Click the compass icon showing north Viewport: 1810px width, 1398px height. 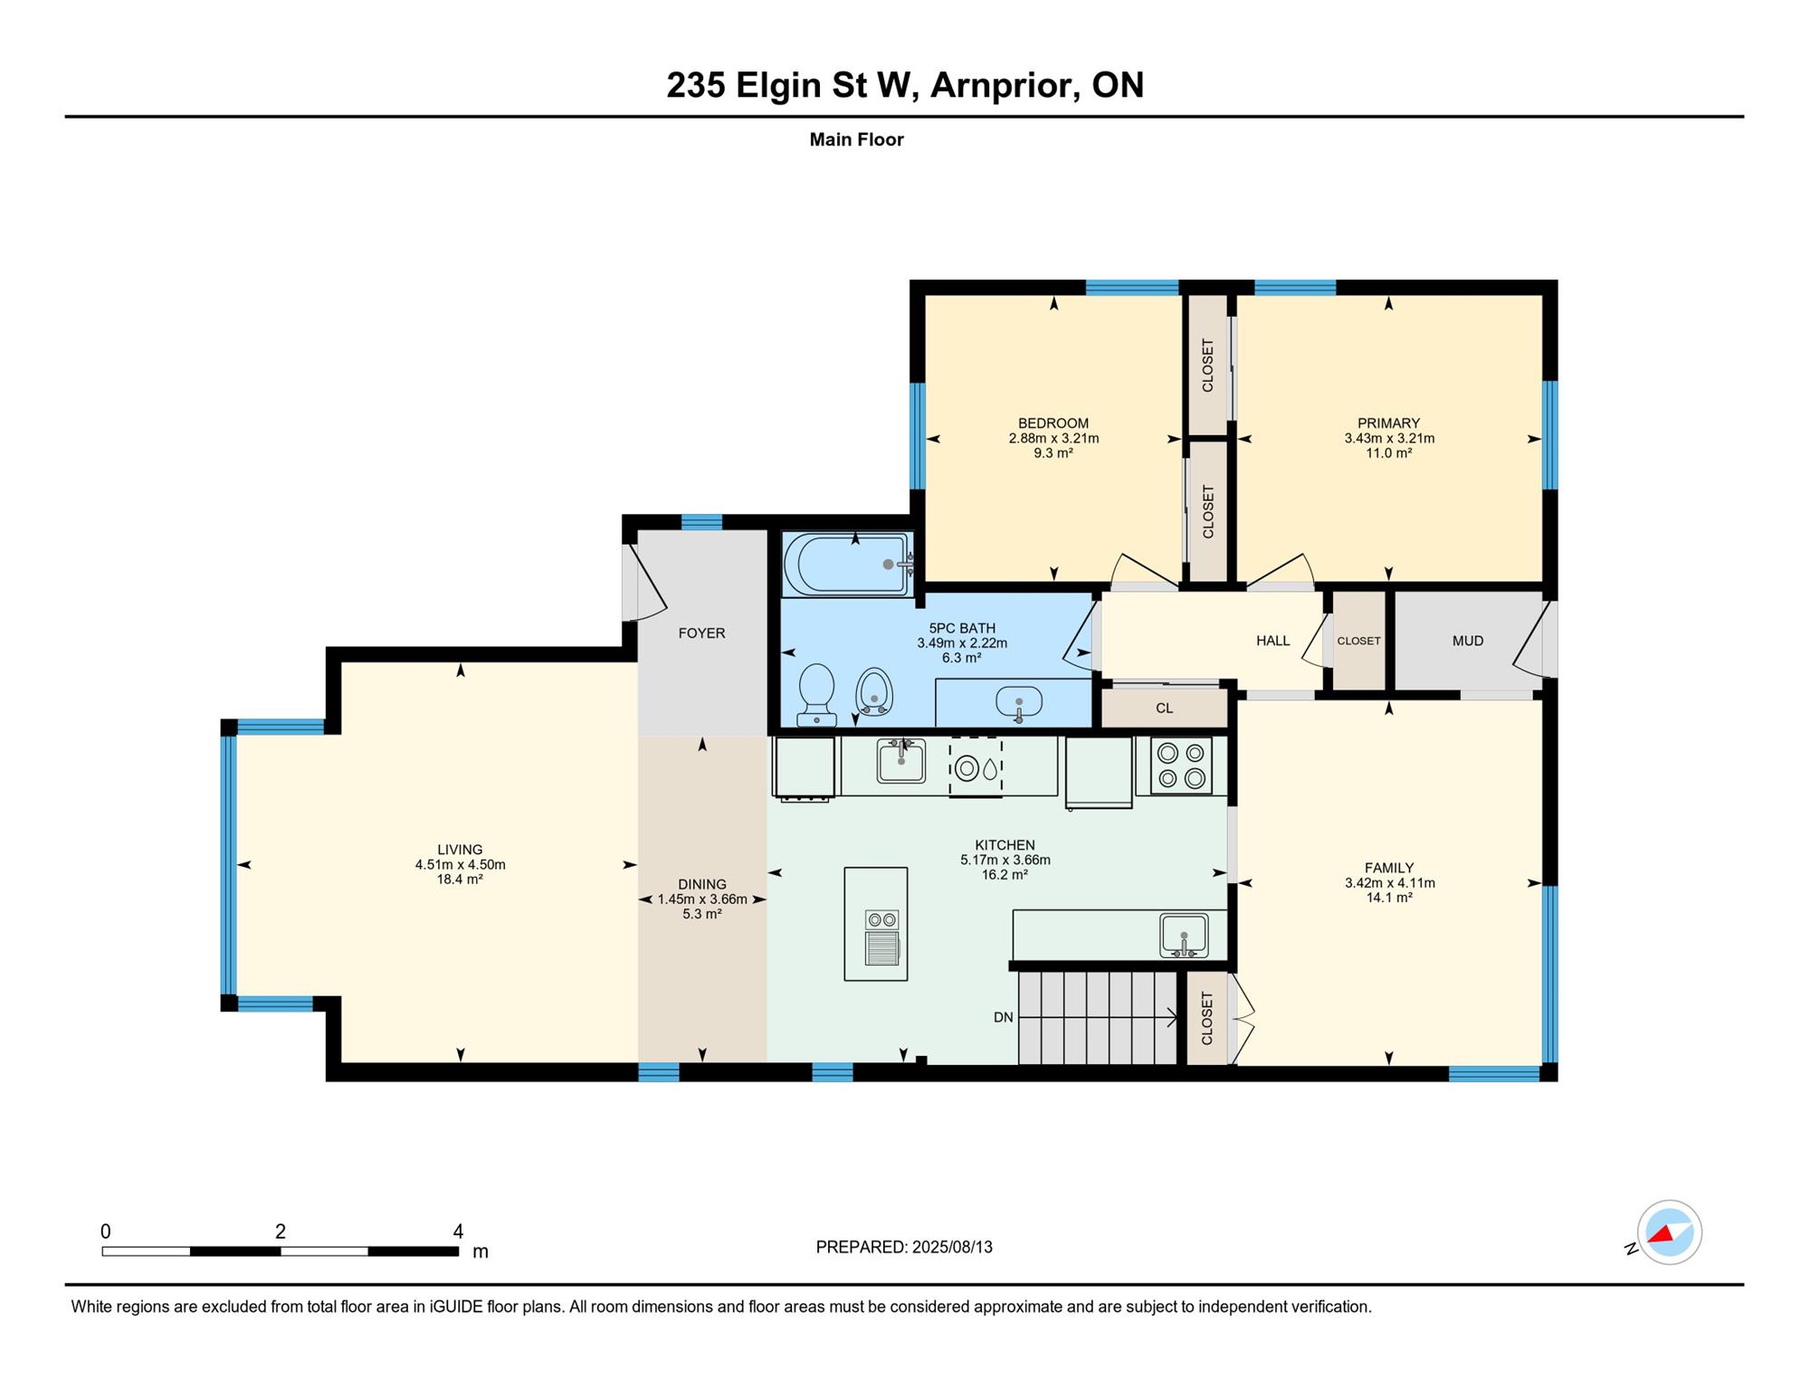(x=1669, y=1232)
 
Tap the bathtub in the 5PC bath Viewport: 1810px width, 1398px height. (x=847, y=564)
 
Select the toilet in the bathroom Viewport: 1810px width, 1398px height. (x=816, y=694)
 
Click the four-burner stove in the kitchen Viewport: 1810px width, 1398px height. (x=1181, y=766)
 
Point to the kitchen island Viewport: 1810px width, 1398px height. (x=876, y=924)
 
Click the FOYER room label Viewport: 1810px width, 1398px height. (x=701, y=633)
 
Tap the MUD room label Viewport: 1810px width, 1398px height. (x=1468, y=641)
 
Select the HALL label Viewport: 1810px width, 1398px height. (x=1272, y=641)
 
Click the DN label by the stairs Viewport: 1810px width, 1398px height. (x=1003, y=1017)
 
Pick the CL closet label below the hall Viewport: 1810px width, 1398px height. (x=1165, y=709)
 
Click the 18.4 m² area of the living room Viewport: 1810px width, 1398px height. (x=460, y=879)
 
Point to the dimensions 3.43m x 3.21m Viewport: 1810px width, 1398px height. (x=1389, y=438)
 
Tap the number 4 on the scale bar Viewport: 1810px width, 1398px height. (x=458, y=1231)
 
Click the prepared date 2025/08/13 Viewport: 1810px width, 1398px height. (x=952, y=1247)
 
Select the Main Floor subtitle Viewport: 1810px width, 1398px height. (x=856, y=139)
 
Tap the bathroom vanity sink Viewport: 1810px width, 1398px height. (x=1019, y=701)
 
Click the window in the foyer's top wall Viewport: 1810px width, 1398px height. (x=701, y=522)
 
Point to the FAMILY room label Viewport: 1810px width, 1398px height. (x=1389, y=868)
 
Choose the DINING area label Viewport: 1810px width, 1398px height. (x=702, y=884)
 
